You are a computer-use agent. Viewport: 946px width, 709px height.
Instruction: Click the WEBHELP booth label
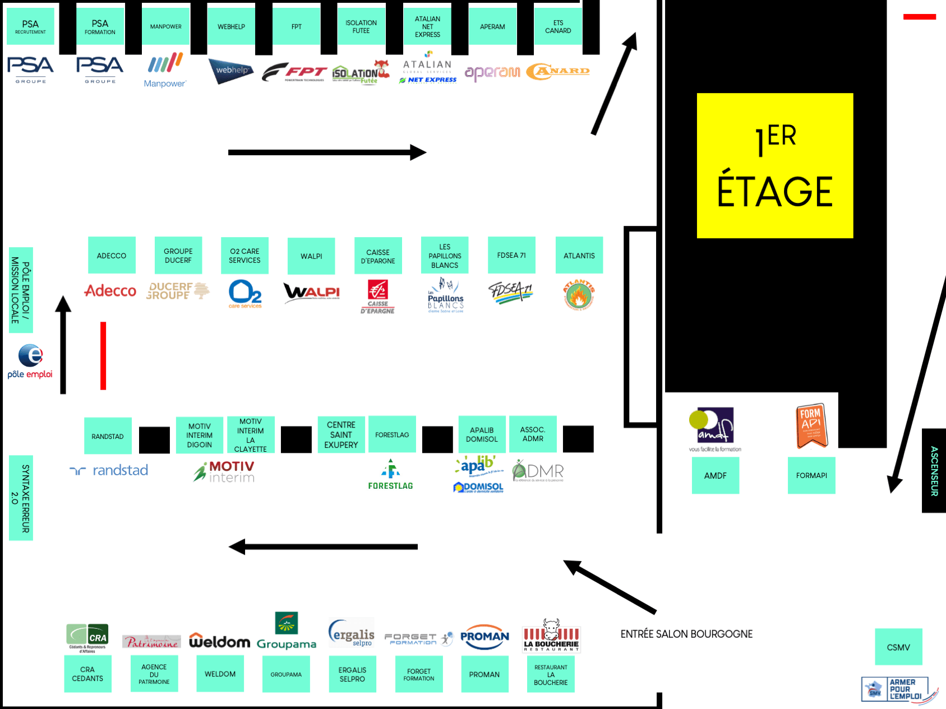(231, 26)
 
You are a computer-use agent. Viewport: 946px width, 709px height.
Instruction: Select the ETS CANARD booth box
(558, 27)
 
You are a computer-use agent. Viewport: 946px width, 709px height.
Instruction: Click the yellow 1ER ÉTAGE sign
(774, 165)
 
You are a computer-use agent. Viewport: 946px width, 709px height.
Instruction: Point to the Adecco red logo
(110, 291)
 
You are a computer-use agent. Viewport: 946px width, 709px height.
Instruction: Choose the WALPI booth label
(311, 256)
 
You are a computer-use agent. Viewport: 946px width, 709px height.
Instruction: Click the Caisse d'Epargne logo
(377, 296)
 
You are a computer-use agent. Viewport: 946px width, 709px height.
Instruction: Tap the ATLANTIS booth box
(579, 256)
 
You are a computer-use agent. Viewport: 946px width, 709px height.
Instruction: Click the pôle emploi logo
(30, 362)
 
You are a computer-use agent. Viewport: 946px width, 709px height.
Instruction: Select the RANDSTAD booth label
(108, 436)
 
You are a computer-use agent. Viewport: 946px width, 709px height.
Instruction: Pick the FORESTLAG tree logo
(390, 474)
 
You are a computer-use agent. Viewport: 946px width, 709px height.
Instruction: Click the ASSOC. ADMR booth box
(533, 434)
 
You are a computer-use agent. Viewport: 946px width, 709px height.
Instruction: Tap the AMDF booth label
(715, 475)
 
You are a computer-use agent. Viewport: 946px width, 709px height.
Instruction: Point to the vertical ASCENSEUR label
(934, 471)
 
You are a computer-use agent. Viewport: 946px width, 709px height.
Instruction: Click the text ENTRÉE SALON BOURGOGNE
(686, 634)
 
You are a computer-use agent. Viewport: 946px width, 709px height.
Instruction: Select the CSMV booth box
(898, 647)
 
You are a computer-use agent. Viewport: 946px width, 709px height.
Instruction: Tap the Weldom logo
(219, 641)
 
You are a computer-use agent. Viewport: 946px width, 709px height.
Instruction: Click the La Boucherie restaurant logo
(551, 637)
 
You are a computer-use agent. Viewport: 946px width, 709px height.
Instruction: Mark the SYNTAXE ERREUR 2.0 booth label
(21, 498)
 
